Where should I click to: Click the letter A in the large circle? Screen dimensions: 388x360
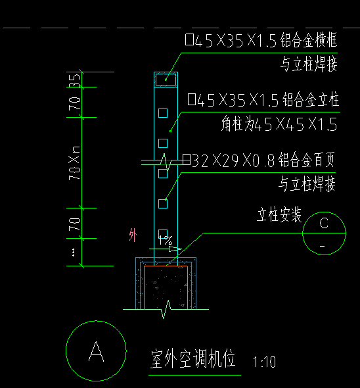click(96, 352)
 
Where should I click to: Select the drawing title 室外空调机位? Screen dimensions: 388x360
click(194, 360)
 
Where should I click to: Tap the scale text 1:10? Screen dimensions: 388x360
click(264, 362)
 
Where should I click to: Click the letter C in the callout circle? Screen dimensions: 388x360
click(324, 224)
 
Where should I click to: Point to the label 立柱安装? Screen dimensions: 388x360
click(279, 215)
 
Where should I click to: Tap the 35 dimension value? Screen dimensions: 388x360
click(76, 80)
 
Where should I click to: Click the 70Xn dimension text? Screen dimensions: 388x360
click(75, 164)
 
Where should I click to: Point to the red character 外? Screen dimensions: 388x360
click(134, 235)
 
